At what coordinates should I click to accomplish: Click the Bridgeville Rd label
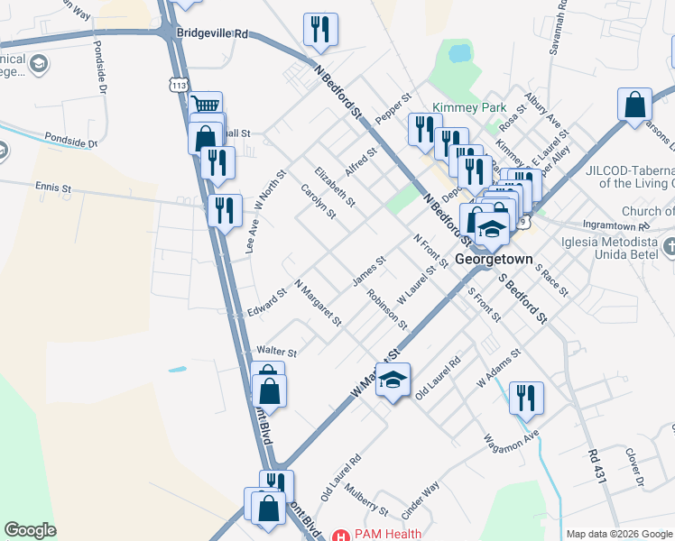(212, 33)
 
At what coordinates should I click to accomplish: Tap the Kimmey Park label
(468, 107)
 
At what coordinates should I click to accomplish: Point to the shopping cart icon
(207, 105)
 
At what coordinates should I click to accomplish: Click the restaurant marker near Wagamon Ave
(526, 397)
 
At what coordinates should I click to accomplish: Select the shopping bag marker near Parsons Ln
(634, 104)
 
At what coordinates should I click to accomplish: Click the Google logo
(30, 530)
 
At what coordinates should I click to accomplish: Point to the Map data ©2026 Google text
(619, 534)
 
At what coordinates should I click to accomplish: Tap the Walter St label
(276, 349)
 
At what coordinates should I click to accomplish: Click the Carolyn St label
(318, 201)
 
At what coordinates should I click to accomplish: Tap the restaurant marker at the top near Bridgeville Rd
(320, 30)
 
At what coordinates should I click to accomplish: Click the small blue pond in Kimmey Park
(459, 54)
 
